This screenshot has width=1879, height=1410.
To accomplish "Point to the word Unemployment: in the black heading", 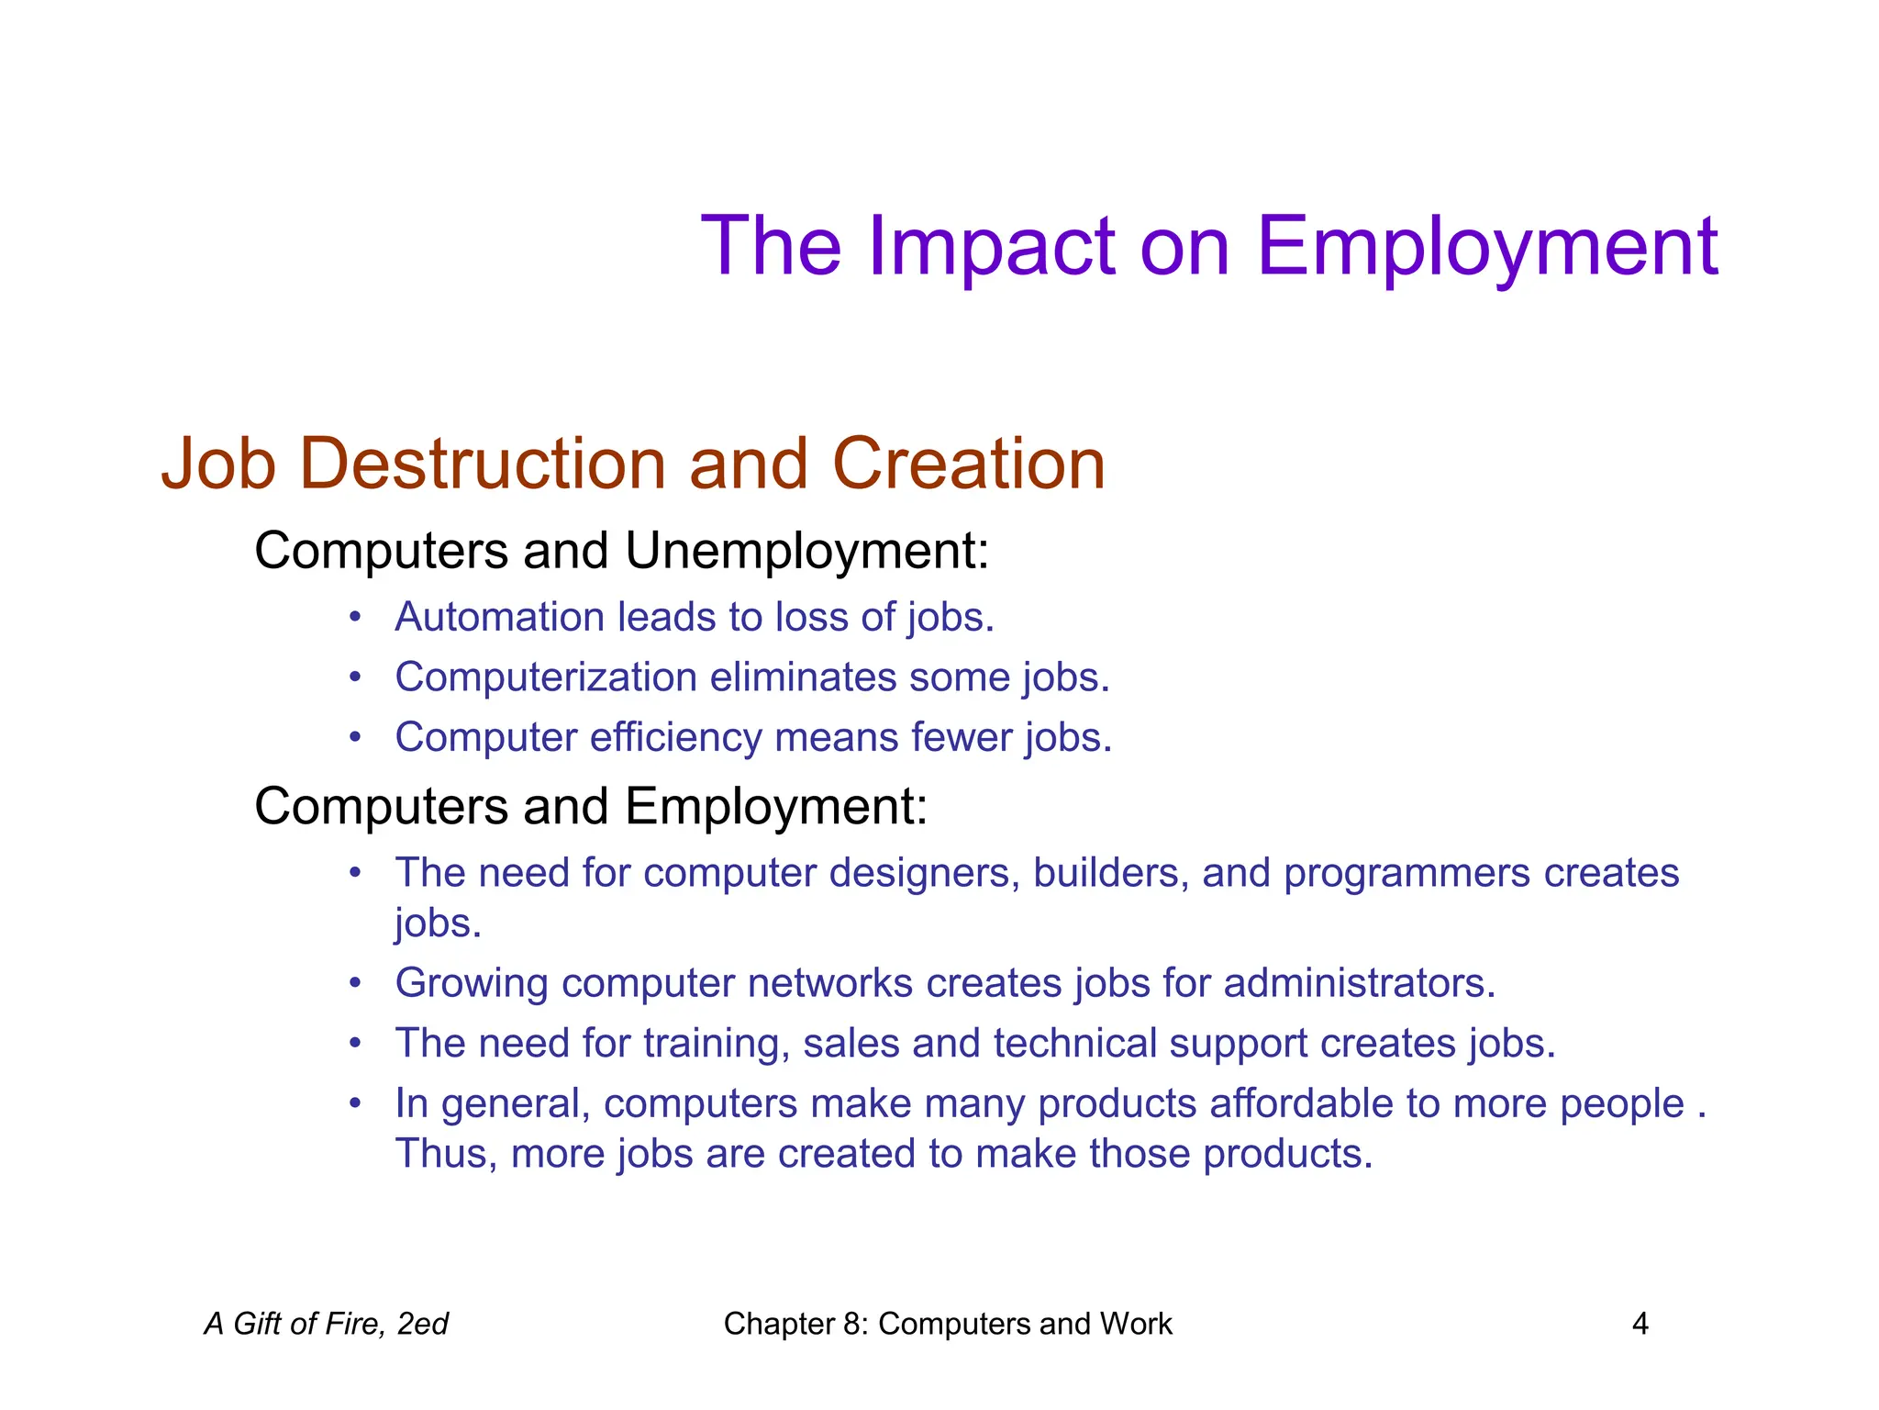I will click(806, 551).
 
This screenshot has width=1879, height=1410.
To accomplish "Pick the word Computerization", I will click(546, 677).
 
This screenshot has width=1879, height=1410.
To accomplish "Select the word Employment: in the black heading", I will click(776, 807).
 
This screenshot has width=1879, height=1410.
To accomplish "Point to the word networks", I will click(829, 983).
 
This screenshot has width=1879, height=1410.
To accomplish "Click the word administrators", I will click(1359, 983).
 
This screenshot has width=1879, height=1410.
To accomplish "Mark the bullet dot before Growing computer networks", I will click(356, 983).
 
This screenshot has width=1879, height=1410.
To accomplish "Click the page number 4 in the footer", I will click(1640, 1324).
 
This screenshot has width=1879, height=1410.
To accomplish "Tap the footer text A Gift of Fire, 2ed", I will click(327, 1324).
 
